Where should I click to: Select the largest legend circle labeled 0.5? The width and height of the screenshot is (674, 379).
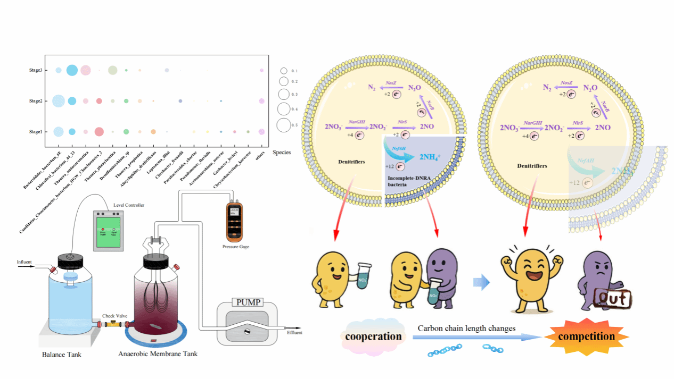[284, 125]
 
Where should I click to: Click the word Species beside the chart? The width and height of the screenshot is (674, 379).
[282, 153]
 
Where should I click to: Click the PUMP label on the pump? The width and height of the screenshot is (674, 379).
[246, 302]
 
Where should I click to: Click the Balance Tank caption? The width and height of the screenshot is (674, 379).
[62, 354]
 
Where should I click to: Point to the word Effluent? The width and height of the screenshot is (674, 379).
[294, 333]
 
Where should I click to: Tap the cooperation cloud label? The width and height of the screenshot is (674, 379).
[373, 336]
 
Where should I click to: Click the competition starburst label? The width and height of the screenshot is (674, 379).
[586, 336]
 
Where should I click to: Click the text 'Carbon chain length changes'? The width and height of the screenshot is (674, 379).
[466, 329]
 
